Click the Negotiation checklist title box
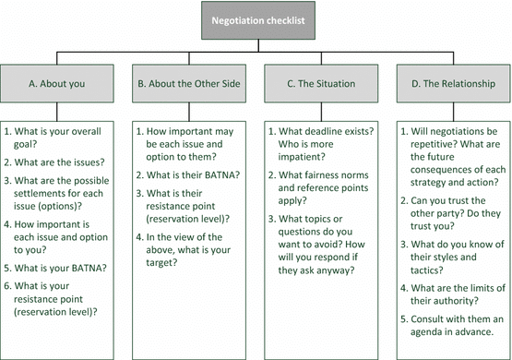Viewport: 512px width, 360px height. (258, 20)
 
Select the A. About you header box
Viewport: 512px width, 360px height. (57, 83)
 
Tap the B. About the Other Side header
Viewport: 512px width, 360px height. (189, 83)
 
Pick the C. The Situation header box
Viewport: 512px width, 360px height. (321, 83)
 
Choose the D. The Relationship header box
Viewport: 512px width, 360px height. (453, 83)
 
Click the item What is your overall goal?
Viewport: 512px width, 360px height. (53, 138)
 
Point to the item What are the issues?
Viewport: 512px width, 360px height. (54, 162)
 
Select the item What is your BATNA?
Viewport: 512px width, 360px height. (55, 268)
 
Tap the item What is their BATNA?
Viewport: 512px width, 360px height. (188, 175)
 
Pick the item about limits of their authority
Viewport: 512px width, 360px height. (453, 294)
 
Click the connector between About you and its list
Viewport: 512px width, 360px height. (57, 112)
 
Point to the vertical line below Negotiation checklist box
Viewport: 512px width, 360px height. (258, 46)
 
